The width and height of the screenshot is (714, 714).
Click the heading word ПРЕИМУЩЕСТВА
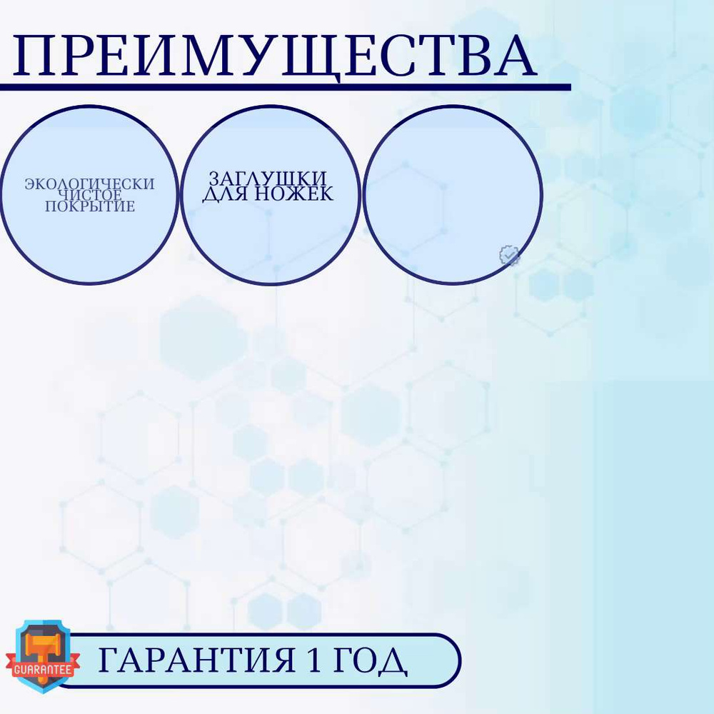click(275, 56)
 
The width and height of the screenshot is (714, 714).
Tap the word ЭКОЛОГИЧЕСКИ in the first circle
click(90, 184)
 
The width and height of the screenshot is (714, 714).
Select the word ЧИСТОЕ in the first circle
click(91, 195)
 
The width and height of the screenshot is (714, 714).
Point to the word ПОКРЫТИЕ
click(90, 206)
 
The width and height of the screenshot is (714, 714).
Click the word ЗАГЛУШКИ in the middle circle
click(268, 178)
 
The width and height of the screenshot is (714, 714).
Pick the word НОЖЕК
click(293, 193)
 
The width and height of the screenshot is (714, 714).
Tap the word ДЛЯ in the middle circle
click(226, 194)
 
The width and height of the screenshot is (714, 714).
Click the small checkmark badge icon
click(509, 256)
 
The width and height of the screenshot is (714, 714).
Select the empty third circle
click(453, 196)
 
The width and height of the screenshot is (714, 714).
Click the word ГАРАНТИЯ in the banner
click(196, 660)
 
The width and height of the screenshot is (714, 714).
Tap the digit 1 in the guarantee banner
click(314, 660)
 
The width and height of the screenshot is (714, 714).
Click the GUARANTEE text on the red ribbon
click(43, 669)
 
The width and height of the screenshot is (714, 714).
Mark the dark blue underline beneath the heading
click(286, 87)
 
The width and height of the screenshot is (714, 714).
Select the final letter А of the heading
click(513, 56)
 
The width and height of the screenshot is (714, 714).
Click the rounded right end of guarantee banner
click(459, 660)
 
